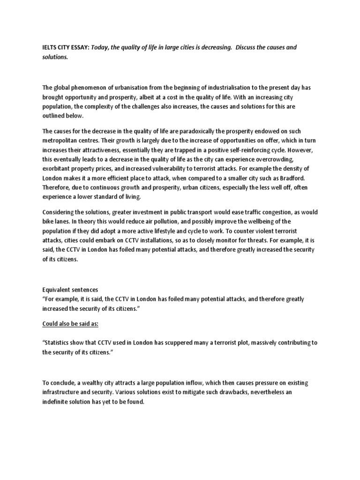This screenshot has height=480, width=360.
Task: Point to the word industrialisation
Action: tap(217, 87)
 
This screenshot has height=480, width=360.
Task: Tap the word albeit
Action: tap(157, 97)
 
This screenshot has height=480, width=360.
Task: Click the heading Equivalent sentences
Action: tap(70, 290)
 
